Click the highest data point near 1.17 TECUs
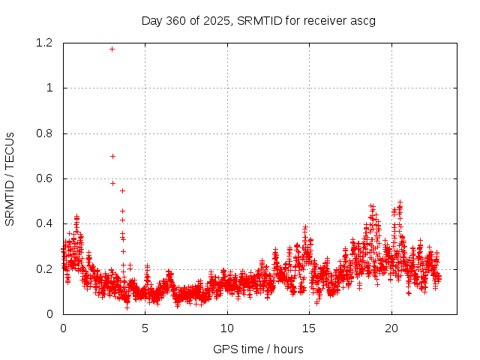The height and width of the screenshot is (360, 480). click(x=112, y=49)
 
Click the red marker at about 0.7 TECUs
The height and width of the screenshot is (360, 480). click(x=112, y=156)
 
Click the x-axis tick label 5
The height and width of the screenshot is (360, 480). click(x=145, y=328)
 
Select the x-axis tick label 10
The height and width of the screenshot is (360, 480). click(x=226, y=328)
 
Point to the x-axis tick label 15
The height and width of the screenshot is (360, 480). click(x=308, y=328)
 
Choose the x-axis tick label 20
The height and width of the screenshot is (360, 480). click(x=391, y=328)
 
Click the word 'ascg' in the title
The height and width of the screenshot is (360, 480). click(x=363, y=20)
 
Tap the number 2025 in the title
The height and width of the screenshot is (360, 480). click(x=218, y=20)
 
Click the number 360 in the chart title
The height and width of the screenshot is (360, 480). click(x=175, y=20)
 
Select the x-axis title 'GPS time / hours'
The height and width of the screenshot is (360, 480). click(x=259, y=349)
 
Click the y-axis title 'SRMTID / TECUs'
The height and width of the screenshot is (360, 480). click(x=10, y=178)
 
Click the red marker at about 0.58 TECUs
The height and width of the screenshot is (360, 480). click(x=112, y=183)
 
